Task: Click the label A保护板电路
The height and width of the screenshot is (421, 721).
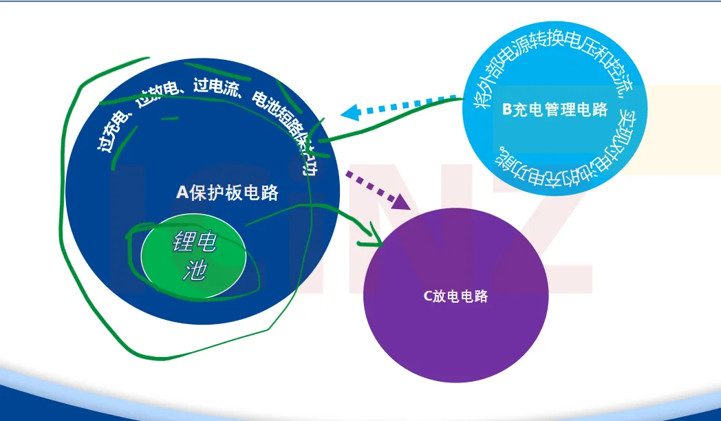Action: pyautogui.click(x=228, y=193)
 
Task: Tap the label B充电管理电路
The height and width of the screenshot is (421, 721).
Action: pyautogui.click(x=555, y=110)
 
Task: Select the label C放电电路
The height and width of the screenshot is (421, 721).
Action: pyautogui.click(x=455, y=296)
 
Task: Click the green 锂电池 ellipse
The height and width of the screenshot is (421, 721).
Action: pyautogui.click(x=194, y=257)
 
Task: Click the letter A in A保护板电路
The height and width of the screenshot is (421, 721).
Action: pyautogui.click(x=182, y=193)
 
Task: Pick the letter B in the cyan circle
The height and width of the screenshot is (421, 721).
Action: pyautogui.click(x=507, y=110)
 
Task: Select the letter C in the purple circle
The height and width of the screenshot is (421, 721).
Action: pyautogui.click(x=427, y=296)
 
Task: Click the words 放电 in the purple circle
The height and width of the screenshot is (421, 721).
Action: pyautogui.click(x=444, y=296)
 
